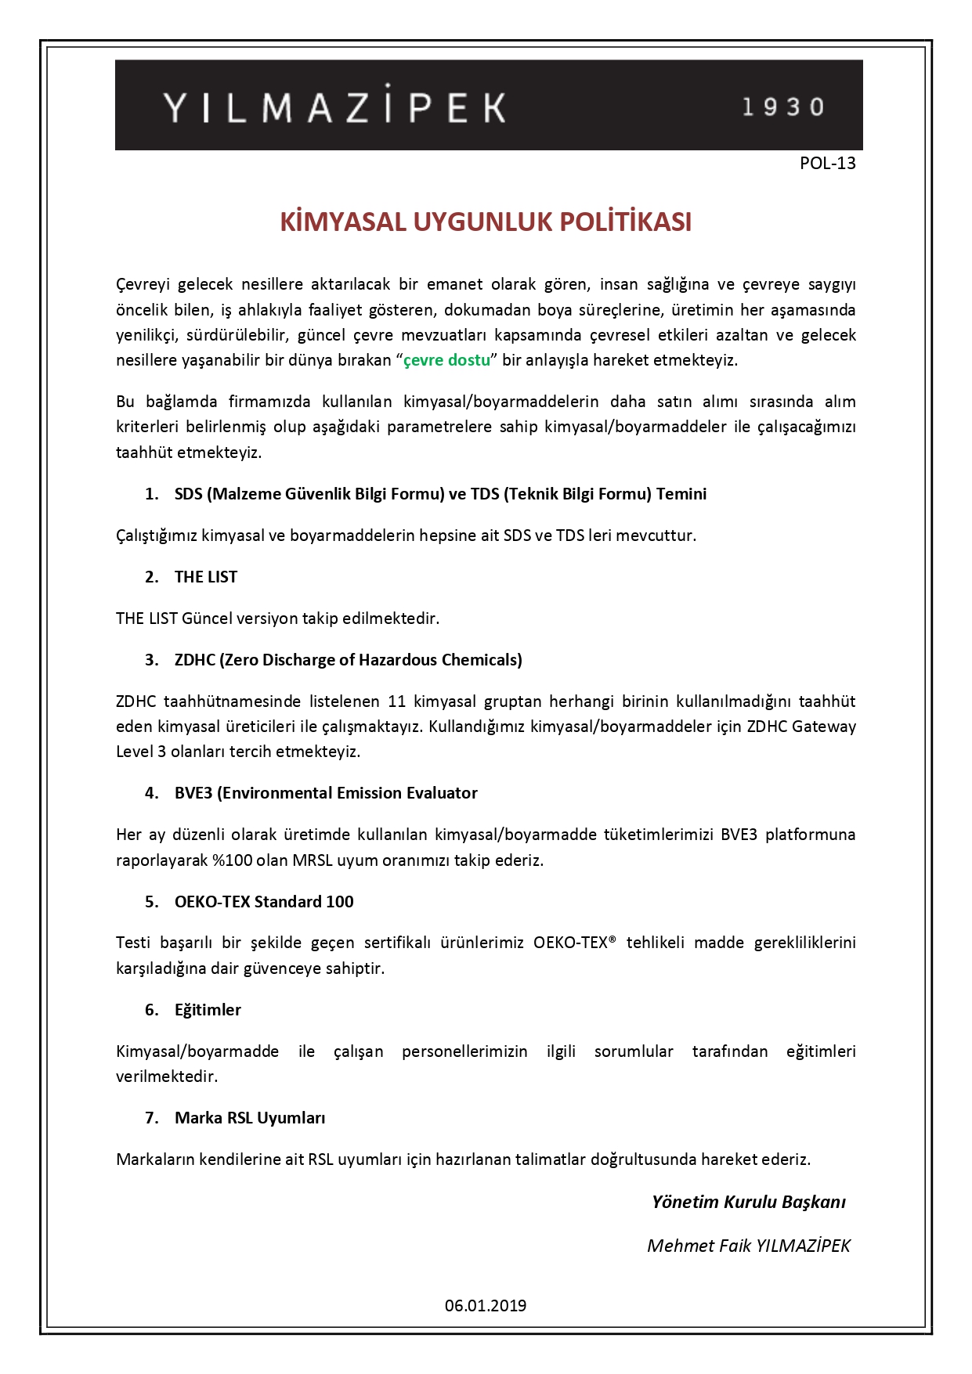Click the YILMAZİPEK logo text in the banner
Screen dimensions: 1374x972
[x=334, y=107]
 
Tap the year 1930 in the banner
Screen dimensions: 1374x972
[x=783, y=107]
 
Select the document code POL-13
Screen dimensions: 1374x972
[x=827, y=164]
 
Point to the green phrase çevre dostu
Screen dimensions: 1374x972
[x=446, y=360]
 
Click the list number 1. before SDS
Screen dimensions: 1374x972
[x=152, y=494]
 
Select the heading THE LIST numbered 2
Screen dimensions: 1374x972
[x=205, y=577]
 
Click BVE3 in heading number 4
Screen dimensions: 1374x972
[x=193, y=793]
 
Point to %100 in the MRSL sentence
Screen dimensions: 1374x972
[x=232, y=860]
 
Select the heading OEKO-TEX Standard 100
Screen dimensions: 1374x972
[x=264, y=902]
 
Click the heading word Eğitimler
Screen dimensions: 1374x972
[x=208, y=1010]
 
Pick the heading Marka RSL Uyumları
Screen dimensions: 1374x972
[x=250, y=1118]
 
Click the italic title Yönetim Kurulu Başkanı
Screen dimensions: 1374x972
[x=748, y=1203]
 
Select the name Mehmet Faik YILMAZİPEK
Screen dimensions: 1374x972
[x=748, y=1246]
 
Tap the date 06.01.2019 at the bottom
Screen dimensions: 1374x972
[x=486, y=1306]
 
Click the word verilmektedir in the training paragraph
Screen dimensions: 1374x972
[x=166, y=1076]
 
